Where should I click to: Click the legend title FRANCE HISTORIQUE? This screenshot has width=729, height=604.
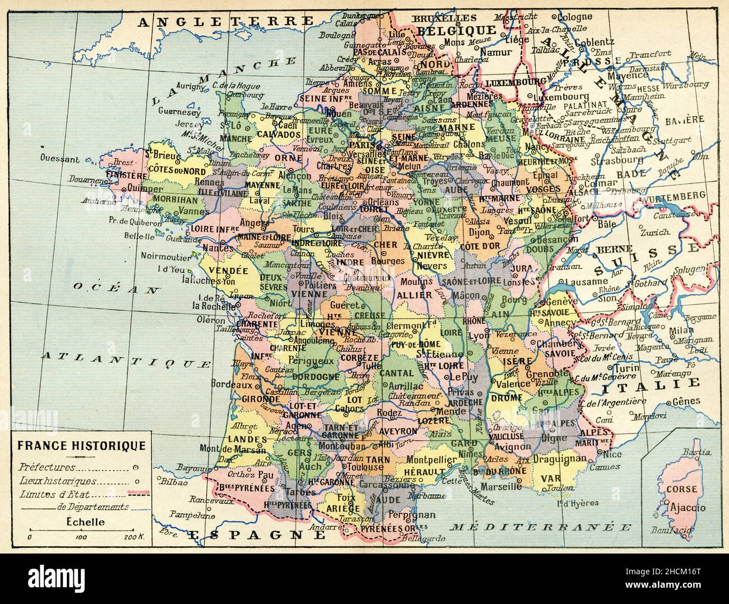click(81, 446)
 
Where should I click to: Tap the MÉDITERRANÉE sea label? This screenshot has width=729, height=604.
click(542, 527)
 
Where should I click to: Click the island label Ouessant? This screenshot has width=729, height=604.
click(59, 159)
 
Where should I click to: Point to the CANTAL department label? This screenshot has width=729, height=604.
click(396, 372)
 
